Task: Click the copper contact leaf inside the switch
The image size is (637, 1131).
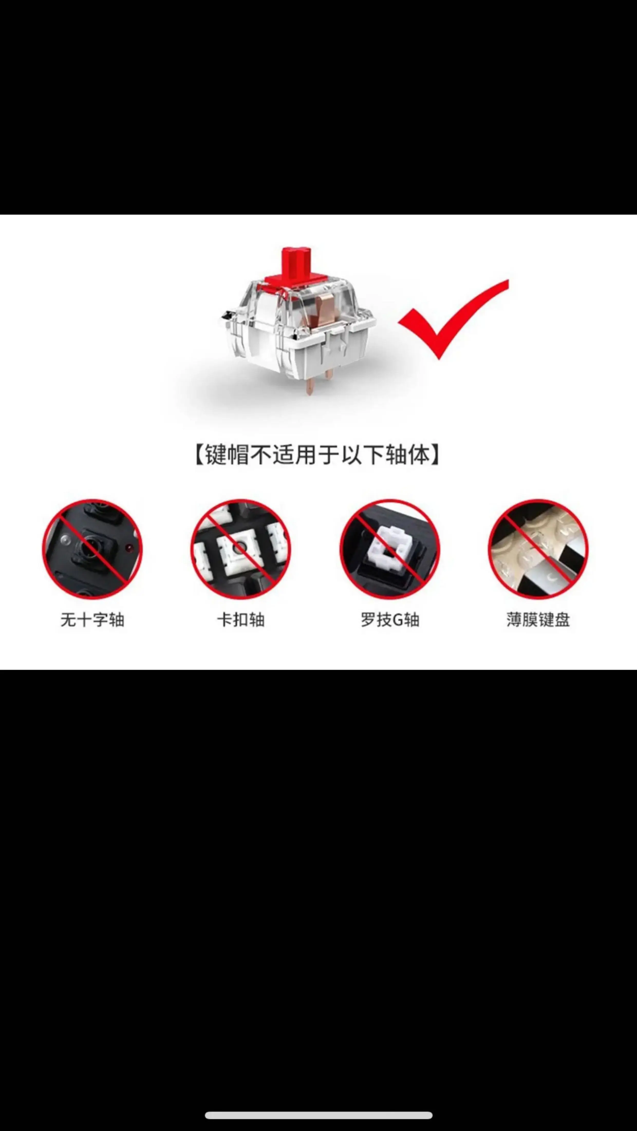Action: click(323, 307)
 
